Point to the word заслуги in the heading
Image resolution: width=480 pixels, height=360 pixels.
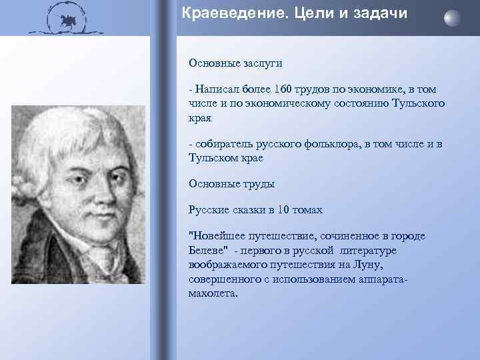(261, 63)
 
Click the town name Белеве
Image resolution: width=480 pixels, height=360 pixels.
(208, 250)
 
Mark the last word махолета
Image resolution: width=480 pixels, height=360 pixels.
(213, 293)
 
